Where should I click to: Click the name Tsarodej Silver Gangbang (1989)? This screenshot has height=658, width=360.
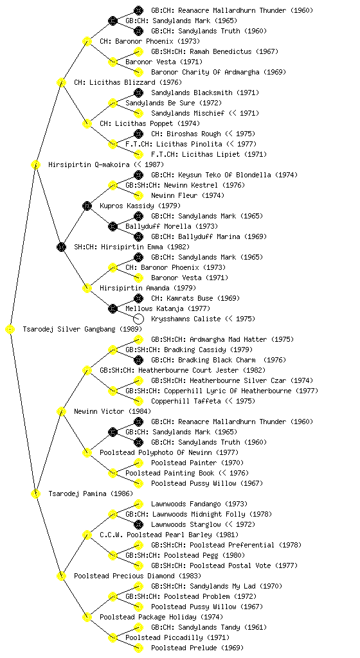[82, 330]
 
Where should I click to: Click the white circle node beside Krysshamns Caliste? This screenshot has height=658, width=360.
[138, 319]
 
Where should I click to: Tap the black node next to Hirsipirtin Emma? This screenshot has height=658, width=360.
[61, 247]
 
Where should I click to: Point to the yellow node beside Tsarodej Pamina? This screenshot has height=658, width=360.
[35, 493]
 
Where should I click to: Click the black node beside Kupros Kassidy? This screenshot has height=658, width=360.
[87, 206]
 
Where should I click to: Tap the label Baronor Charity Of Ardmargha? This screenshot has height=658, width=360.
[205, 72]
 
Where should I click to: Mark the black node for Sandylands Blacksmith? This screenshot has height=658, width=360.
[138, 93]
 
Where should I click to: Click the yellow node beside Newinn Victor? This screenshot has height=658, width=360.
[61, 411]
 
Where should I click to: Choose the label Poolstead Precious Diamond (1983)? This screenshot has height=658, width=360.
[138, 576]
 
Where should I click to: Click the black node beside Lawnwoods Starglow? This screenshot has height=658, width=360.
[138, 524]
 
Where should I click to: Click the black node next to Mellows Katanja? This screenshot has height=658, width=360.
[113, 308]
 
